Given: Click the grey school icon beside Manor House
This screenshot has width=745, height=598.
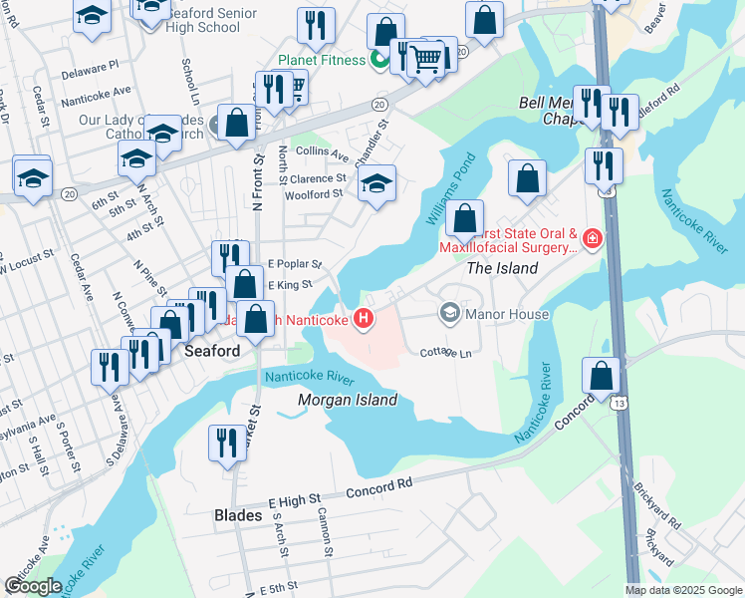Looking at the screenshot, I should tap(449, 314).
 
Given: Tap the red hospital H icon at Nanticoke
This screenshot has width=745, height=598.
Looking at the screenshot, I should tap(365, 319).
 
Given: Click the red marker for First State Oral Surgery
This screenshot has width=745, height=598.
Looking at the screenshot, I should tap(593, 239).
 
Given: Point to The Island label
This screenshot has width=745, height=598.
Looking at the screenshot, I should tap(503, 268).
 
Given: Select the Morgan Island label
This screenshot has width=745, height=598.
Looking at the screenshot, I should tap(348, 400).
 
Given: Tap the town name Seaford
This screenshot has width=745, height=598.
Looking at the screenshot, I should tap(212, 351).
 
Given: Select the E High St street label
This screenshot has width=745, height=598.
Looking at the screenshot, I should tap(294, 499).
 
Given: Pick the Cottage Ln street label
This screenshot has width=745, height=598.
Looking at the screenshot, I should tap(444, 353).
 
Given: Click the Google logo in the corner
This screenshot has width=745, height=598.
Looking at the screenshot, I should tap(34, 586).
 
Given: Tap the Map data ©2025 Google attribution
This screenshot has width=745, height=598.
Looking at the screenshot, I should tap(683, 590).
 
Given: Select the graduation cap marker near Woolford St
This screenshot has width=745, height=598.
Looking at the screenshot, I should tap(375, 184).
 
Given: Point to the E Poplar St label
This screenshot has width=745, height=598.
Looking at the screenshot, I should tap(294, 264).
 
